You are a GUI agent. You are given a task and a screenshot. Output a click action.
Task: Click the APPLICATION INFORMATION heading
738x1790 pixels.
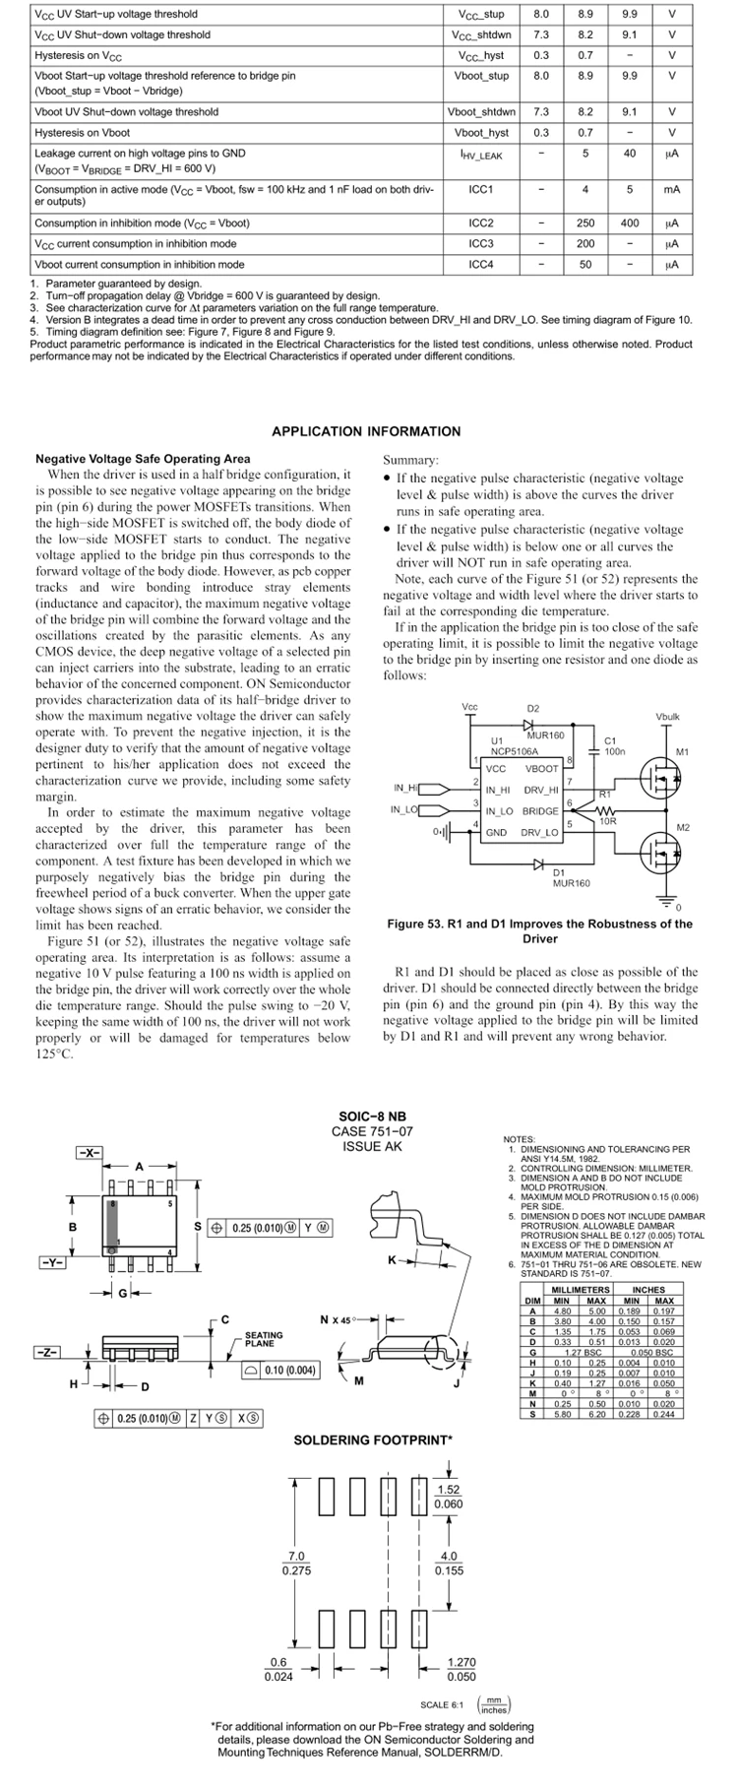click(x=366, y=431)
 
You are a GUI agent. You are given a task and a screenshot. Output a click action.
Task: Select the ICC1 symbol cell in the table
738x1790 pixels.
click(x=481, y=188)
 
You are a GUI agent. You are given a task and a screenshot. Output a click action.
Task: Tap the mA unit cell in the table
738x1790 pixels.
click(x=672, y=188)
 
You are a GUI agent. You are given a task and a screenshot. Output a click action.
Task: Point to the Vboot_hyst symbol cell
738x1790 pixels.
click(x=481, y=132)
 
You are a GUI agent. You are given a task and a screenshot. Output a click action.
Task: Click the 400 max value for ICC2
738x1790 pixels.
click(x=630, y=223)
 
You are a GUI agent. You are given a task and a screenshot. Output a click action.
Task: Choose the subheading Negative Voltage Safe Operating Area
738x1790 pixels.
click(x=143, y=459)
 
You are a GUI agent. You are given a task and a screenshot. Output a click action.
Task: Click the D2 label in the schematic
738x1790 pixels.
click(x=533, y=708)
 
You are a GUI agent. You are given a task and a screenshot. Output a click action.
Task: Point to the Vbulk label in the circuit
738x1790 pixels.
click(x=667, y=716)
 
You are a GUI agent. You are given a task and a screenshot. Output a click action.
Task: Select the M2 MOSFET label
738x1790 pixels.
click(x=683, y=827)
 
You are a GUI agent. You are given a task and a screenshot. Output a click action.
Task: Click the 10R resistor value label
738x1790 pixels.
click(x=608, y=820)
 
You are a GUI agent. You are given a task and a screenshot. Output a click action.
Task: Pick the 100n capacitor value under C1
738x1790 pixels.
click(x=615, y=751)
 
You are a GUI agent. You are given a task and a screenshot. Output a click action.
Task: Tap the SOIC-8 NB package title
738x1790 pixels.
click(x=372, y=1117)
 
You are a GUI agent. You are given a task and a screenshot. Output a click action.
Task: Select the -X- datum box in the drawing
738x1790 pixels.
click(x=90, y=1152)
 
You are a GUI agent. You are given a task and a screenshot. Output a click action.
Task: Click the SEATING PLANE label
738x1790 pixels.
click(x=264, y=1339)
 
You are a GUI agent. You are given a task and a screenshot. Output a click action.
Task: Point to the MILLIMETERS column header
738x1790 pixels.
click(x=581, y=1289)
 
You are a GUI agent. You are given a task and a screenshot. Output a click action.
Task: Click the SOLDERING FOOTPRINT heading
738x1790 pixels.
click(x=373, y=1440)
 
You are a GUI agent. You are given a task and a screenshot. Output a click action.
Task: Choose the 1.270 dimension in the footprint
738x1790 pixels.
click(x=461, y=1662)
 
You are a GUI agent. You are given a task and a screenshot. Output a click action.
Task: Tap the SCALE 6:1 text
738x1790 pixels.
click(x=441, y=1704)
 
